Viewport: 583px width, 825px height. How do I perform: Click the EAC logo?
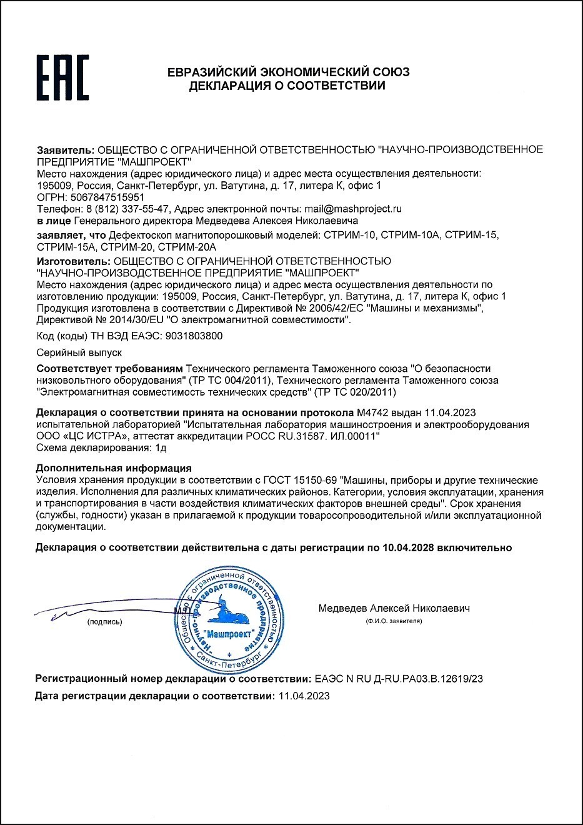coord(62,77)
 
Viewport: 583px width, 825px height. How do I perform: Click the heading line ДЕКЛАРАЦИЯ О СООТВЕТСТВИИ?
coord(287,86)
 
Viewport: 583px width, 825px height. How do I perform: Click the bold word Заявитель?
coord(66,150)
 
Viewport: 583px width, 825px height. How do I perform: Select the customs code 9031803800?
coord(194,336)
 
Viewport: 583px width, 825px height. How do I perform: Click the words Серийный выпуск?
coord(71,352)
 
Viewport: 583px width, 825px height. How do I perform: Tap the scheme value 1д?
coord(161,447)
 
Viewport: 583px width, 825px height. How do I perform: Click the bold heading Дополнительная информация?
coord(114,468)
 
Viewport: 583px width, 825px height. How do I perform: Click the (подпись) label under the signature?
coord(105,622)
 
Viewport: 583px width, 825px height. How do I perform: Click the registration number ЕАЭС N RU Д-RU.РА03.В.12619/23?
coord(399,679)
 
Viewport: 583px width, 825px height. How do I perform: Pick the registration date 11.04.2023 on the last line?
coord(304,696)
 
